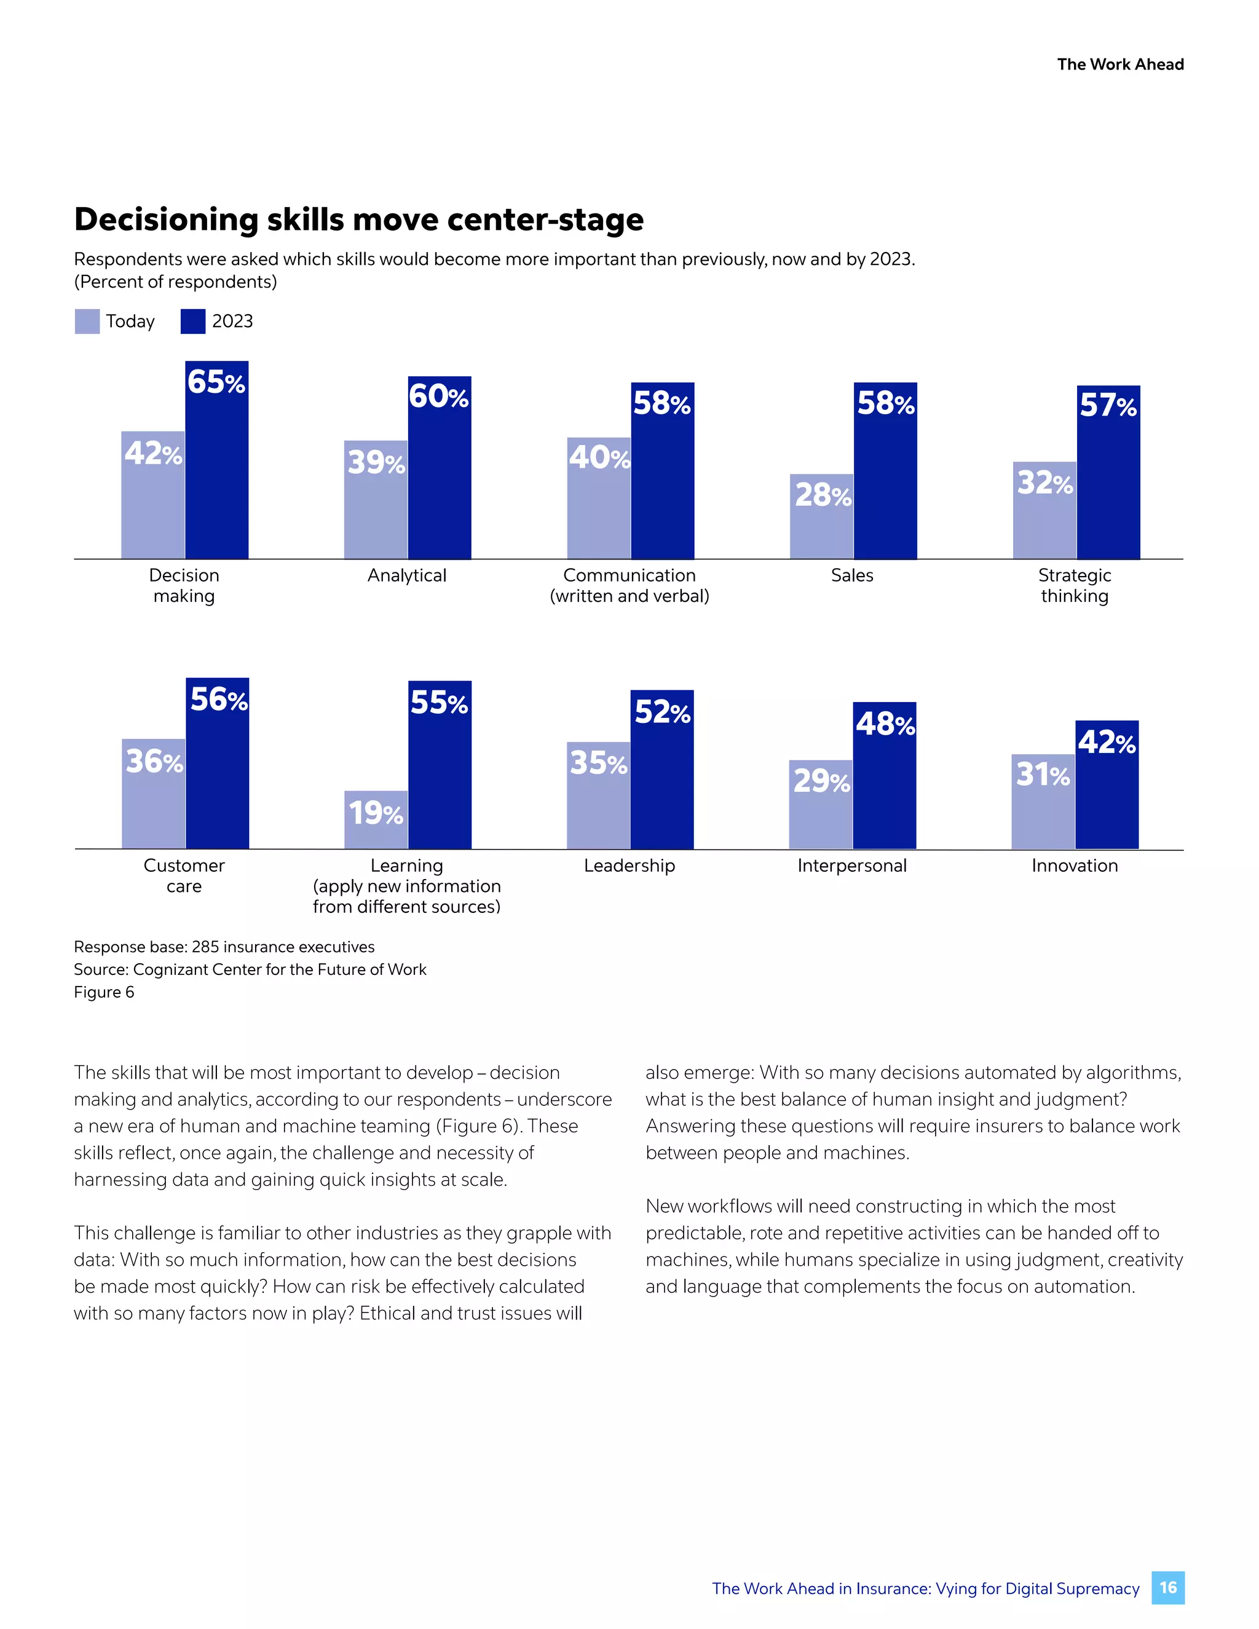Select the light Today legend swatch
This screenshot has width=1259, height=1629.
pyautogui.click(x=87, y=321)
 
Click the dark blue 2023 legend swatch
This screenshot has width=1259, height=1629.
pyautogui.click(x=192, y=321)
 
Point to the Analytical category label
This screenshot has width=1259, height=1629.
pyautogui.click(x=406, y=575)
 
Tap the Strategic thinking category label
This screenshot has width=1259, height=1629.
pyautogui.click(x=1074, y=585)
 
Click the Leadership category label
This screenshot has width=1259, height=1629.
pyautogui.click(x=629, y=866)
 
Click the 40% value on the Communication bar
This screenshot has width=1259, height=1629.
pyautogui.click(x=598, y=457)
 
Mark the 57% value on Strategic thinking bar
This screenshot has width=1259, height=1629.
pyautogui.click(x=1108, y=405)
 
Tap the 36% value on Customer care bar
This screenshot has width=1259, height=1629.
pyautogui.click(x=154, y=762)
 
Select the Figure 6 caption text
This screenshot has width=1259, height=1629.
pyautogui.click(x=104, y=992)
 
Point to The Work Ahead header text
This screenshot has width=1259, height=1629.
pyautogui.click(x=1119, y=64)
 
